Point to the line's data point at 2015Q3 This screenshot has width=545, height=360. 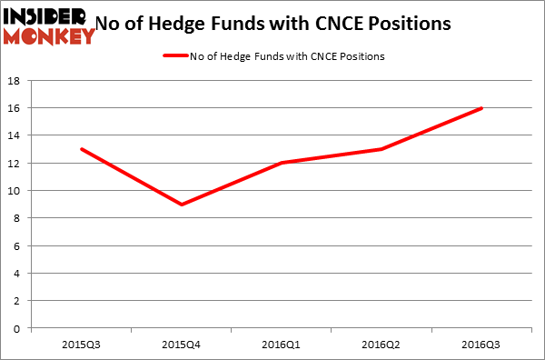(82, 149)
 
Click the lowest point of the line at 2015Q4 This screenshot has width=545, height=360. (182, 205)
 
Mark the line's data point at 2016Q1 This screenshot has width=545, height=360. (282, 163)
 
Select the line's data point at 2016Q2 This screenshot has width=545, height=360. (382, 149)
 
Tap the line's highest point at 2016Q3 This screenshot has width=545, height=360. (482, 108)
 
